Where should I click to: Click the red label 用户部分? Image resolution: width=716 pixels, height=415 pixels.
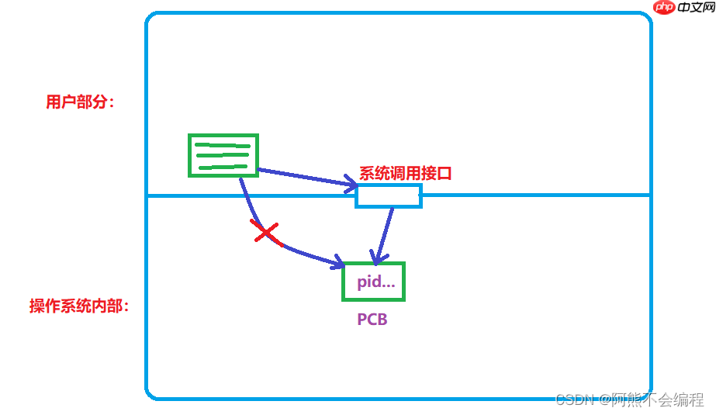click(x=79, y=102)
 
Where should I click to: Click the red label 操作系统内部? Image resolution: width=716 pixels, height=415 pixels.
click(x=78, y=306)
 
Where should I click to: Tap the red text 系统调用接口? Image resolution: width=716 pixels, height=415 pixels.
click(x=405, y=174)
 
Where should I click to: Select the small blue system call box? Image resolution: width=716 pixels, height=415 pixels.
click(x=389, y=196)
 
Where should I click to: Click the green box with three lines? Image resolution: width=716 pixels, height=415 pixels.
click(x=223, y=155)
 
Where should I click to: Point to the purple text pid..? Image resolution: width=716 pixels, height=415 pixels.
click(x=375, y=282)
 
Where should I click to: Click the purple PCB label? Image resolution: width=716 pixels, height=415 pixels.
click(x=372, y=320)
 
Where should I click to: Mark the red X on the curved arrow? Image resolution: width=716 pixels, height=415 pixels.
click(x=265, y=232)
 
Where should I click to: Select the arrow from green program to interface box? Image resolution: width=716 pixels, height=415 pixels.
click(x=306, y=178)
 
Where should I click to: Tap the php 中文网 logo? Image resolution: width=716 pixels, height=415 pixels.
click(x=681, y=8)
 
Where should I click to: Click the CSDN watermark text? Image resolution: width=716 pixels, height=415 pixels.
click(x=575, y=399)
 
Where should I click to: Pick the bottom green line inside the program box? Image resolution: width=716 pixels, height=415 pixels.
click(x=223, y=166)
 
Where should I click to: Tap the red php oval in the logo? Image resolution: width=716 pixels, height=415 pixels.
click(x=664, y=8)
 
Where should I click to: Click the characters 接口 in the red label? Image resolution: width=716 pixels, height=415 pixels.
click(x=438, y=174)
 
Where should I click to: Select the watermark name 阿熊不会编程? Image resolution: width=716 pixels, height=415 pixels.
click(x=658, y=399)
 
